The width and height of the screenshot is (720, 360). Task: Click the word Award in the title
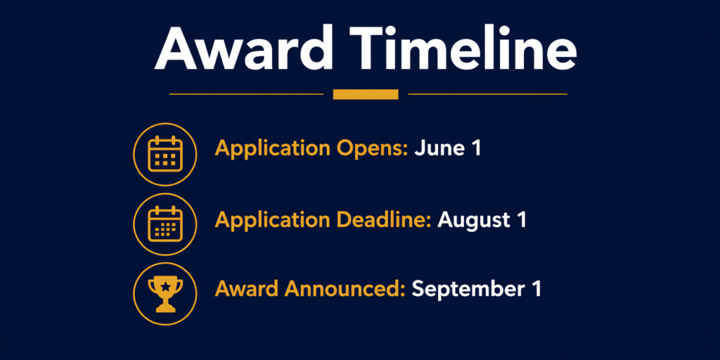click(x=243, y=47)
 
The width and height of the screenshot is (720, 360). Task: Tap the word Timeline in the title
click(x=463, y=47)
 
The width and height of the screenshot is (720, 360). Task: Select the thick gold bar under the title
click(x=366, y=94)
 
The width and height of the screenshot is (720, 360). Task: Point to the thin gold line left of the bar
click(x=246, y=94)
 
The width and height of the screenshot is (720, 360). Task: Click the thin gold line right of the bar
click(x=488, y=94)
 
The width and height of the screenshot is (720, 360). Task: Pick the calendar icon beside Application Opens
click(x=165, y=154)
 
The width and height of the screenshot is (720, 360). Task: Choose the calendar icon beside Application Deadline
click(x=165, y=224)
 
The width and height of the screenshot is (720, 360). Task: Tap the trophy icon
click(x=165, y=295)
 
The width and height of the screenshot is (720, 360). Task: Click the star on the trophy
click(x=165, y=286)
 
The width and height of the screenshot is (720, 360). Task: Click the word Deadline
click(x=384, y=220)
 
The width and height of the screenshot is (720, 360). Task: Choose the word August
click(x=471, y=220)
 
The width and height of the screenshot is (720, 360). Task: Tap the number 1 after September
click(x=534, y=289)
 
